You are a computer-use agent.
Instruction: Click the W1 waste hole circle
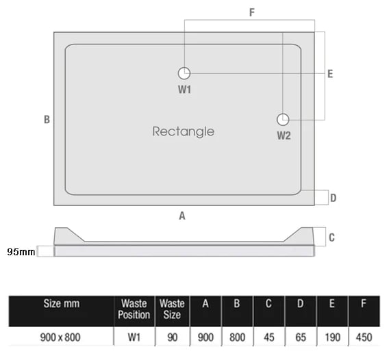184,73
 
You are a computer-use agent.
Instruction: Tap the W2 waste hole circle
283,120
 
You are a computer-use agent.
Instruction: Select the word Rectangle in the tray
184,131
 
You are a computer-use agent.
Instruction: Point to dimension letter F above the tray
252,12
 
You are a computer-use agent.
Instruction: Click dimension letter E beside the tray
330,74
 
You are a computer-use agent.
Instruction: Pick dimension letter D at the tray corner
333,198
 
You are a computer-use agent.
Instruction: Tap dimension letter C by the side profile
331,237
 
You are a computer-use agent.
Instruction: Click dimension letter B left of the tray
47,120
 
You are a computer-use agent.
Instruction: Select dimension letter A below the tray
182,216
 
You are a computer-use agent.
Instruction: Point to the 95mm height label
21,252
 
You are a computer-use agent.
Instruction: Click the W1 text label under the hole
185,90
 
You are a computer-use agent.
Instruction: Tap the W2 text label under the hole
284,136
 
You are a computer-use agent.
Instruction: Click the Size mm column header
62,303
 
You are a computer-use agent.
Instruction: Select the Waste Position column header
134,309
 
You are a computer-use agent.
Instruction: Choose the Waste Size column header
172,309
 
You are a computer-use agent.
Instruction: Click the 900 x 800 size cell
60,337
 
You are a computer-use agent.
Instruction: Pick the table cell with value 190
332,337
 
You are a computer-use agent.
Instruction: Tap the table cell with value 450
364,337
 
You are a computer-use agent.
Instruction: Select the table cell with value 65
301,337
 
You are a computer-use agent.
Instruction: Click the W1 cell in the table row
134,337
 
